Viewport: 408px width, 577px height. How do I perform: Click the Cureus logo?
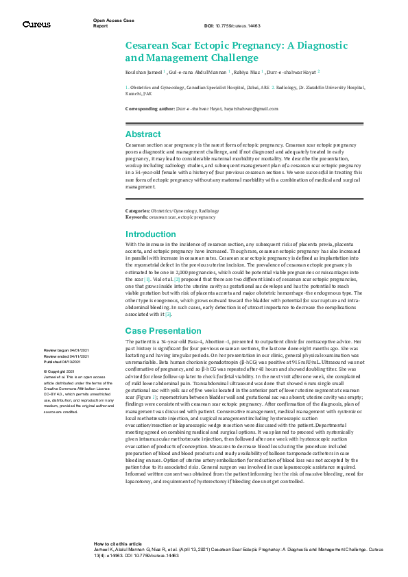36,24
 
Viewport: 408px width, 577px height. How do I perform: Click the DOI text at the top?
232,25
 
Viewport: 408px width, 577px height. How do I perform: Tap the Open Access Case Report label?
113,23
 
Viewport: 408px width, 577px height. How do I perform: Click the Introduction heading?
150,234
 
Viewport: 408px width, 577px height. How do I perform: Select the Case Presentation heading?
162,331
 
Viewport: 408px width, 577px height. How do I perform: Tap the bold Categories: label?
139,211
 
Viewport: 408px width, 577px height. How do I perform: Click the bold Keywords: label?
137,217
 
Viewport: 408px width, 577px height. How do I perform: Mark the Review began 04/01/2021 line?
66,350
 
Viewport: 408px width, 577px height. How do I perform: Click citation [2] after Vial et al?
176,280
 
